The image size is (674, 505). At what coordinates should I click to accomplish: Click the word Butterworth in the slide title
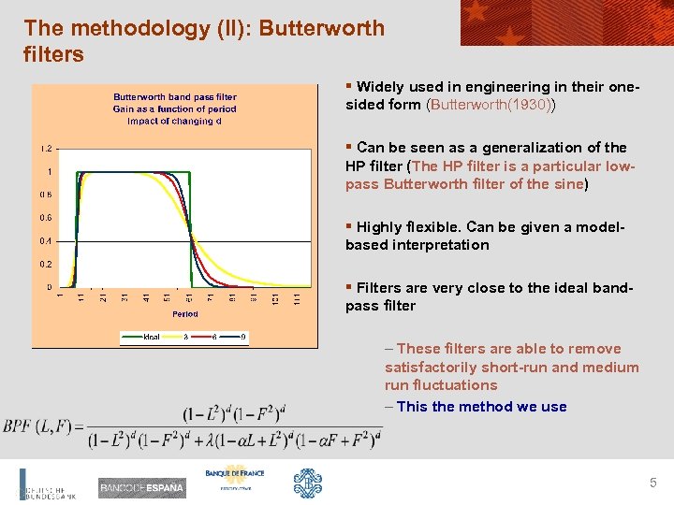tap(321, 28)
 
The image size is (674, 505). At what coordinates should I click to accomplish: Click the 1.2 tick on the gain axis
tap(46, 149)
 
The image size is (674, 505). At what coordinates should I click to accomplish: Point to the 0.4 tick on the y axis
tap(46, 241)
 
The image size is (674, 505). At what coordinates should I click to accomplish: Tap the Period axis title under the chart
tap(184, 314)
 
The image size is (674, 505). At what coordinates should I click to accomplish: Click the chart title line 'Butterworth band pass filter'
tap(175, 96)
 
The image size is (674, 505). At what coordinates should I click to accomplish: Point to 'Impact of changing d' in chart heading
tap(175, 121)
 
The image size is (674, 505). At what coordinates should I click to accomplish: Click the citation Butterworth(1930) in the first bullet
tap(491, 105)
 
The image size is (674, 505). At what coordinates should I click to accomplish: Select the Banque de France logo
tap(235, 479)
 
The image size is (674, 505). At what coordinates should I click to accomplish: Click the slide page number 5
tap(653, 483)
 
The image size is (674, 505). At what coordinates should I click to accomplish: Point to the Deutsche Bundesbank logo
tap(47, 486)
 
